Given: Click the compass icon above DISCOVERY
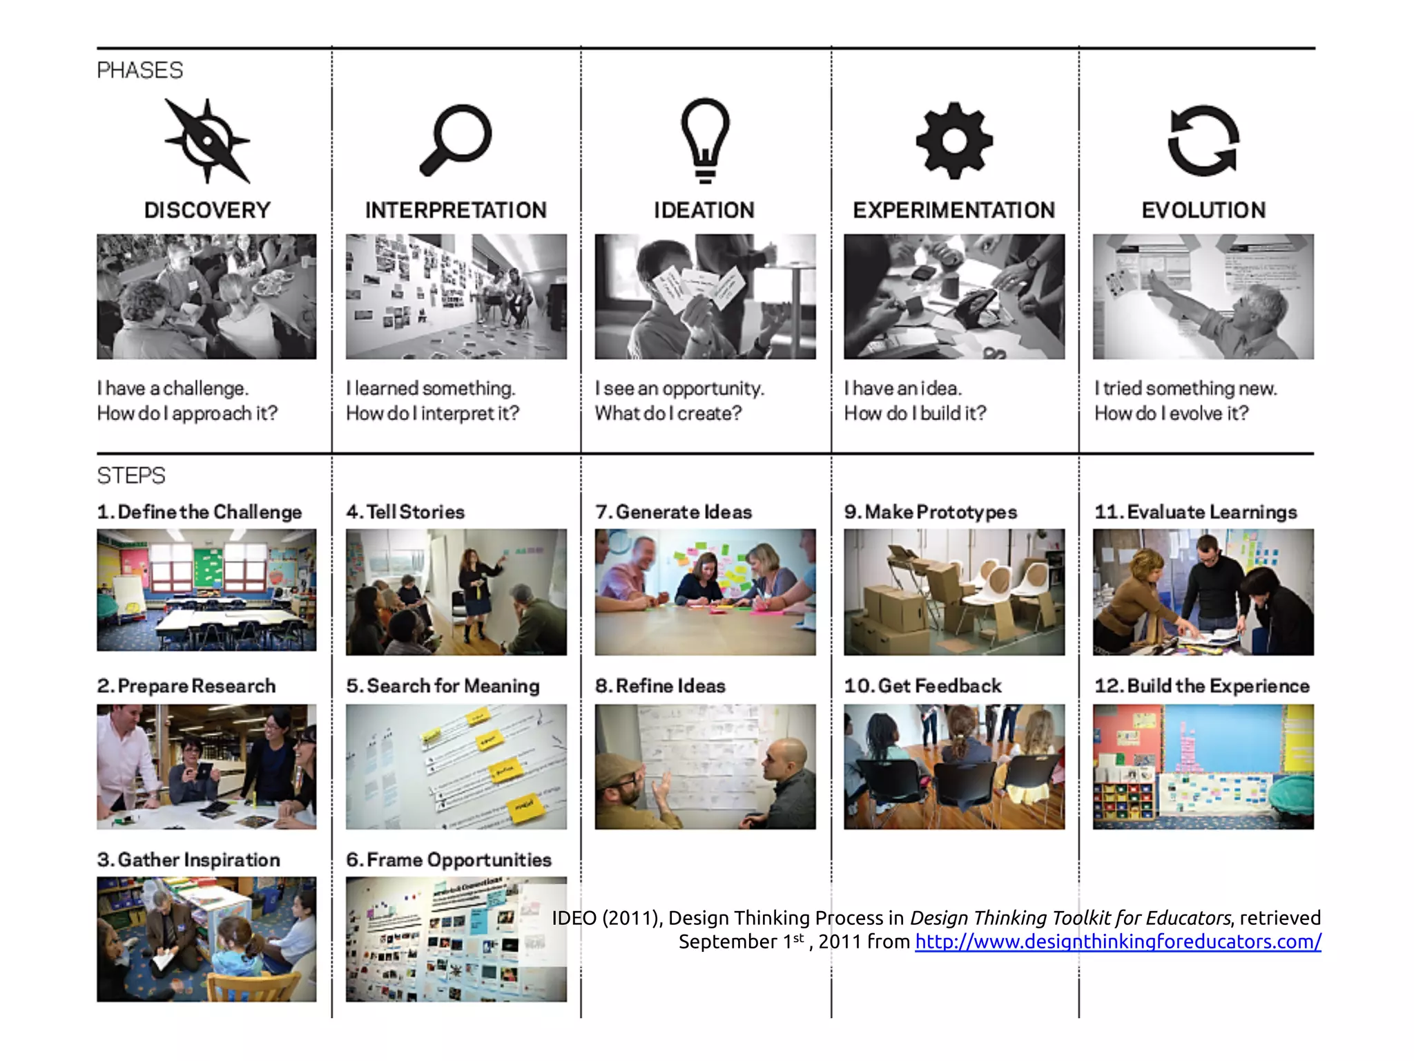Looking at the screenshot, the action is click(207, 141).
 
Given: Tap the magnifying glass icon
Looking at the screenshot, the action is click(456, 140).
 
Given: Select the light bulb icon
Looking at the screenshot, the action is click(705, 140).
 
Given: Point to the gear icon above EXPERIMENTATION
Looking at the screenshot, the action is click(954, 141).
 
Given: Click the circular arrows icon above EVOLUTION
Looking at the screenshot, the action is click(1203, 141).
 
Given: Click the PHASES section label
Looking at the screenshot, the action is click(140, 70).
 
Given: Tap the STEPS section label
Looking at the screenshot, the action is click(131, 476).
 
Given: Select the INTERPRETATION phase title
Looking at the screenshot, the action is click(456, 210).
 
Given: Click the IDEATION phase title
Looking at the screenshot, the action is click(704, 210).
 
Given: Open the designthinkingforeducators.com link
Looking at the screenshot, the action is click(1118, 941).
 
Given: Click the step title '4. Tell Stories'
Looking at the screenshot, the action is click(405, 512).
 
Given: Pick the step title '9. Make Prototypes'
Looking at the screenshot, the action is click(931, 512).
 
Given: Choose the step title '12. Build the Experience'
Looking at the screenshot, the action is click(1202, 686).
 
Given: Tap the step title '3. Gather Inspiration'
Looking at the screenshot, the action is click(188, 860).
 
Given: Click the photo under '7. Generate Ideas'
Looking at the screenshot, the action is click(705, 592).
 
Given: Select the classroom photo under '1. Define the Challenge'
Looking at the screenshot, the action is click(206, 590).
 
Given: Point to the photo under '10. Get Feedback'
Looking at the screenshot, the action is click(954, 767).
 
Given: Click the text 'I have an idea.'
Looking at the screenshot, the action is click(903, 388).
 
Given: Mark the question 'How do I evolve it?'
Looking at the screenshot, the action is click(1172, 413).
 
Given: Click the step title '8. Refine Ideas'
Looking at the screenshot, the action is click(660, 686).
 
